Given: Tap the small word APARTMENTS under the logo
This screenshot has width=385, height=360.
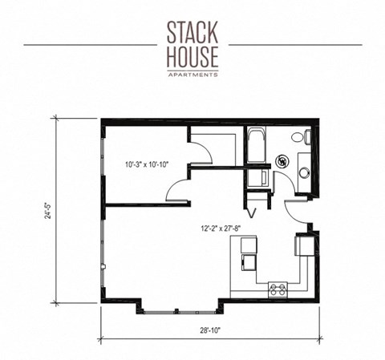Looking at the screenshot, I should tap(192, 74).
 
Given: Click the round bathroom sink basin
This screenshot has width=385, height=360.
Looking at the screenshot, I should tap(303, 171).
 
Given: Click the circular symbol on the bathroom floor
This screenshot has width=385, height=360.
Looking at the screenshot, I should tap(282, 161).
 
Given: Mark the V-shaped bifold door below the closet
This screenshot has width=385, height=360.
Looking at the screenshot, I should tap(251, 212).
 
